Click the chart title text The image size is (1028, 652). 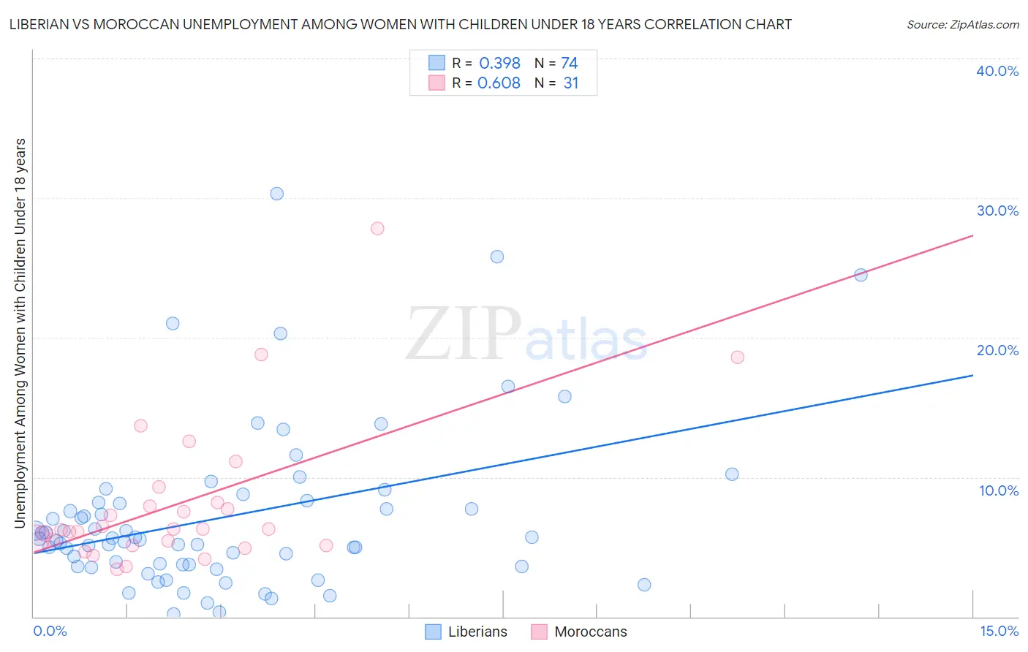400,25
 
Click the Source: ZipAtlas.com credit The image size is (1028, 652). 962,25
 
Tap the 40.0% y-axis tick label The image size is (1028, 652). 997,71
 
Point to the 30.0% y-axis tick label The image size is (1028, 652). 997,211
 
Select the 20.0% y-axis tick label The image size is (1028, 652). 997,350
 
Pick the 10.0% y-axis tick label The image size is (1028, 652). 998,490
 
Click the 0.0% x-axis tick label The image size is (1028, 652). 50,631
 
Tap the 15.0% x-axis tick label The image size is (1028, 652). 999,631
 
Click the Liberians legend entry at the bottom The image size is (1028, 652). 466,632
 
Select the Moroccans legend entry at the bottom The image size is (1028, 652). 580,632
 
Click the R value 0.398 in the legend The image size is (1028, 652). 499,64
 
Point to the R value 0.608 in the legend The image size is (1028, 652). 499,83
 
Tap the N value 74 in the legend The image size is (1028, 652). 570,64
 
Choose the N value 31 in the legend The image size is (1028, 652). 571,83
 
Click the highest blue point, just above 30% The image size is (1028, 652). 276,194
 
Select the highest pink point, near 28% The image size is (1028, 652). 377,228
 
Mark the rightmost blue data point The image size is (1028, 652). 861,275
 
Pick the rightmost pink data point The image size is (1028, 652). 737,357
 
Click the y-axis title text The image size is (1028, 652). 20,333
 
